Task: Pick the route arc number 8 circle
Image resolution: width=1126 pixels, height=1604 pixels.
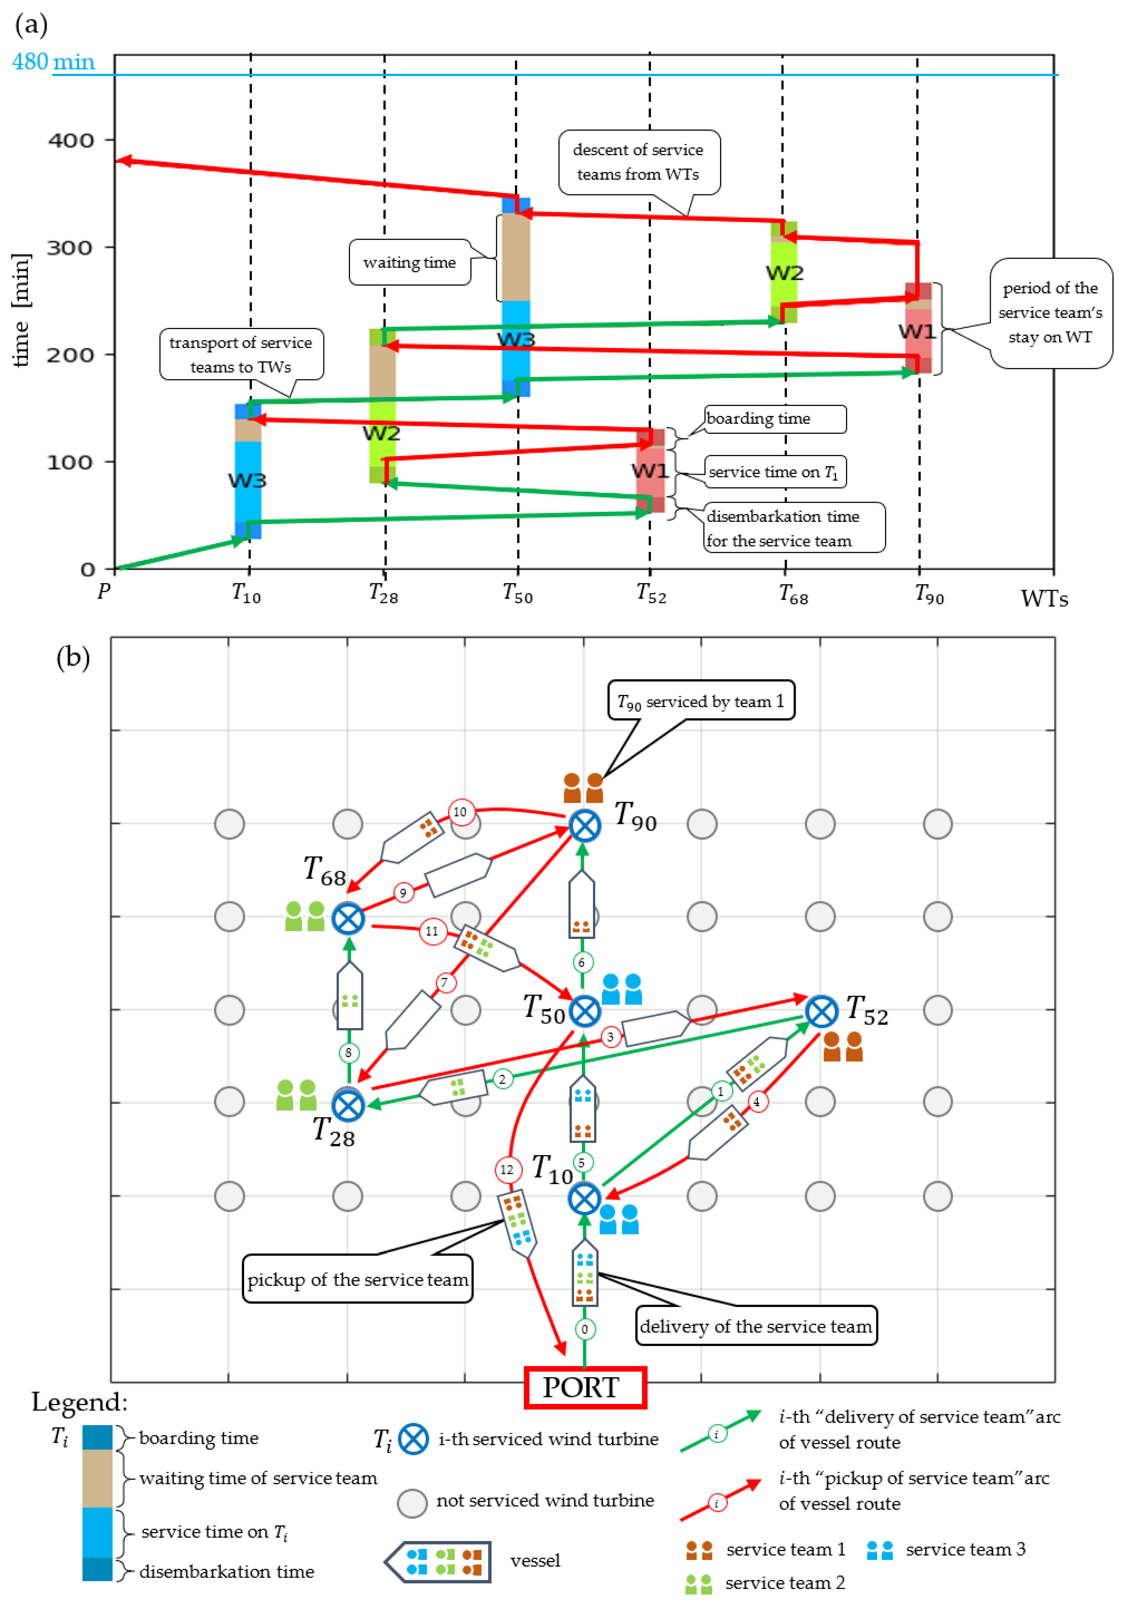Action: point(349,1053)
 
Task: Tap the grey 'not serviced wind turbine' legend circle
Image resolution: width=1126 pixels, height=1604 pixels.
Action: point(412,1503)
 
